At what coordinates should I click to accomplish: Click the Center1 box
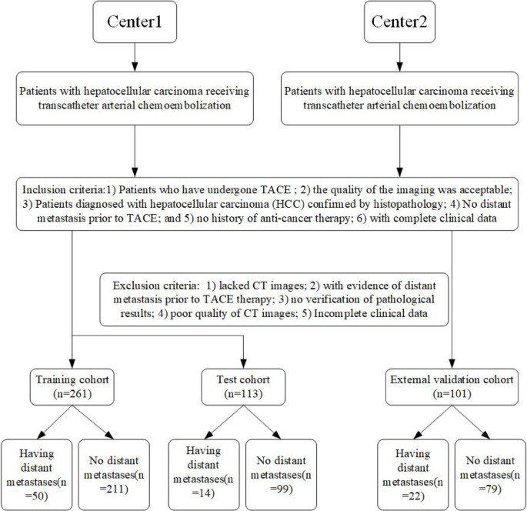point(135,22)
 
